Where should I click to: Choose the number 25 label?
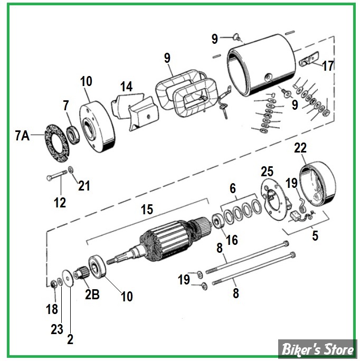[268, 171]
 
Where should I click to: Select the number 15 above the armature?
[146, 210]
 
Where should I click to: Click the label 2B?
[92, 294]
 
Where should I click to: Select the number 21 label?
[84, 185]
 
